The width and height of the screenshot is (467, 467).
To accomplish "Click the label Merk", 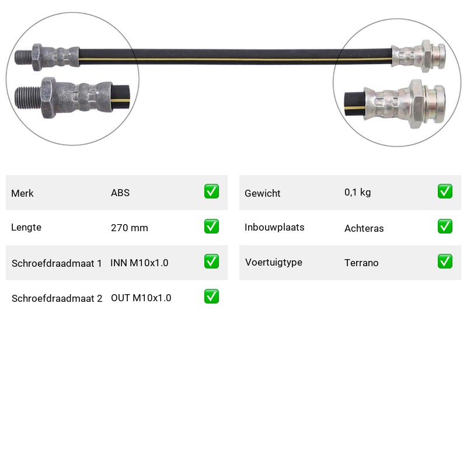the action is coord(22,193).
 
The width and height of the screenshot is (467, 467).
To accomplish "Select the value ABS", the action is coord(120,193).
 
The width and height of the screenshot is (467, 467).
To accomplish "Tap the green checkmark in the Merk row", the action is coord(211,191).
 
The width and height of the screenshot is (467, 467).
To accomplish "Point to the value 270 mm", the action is coord(130,228).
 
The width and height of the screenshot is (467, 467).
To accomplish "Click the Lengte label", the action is coord(26,227).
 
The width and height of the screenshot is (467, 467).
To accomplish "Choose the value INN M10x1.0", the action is coord(140,263).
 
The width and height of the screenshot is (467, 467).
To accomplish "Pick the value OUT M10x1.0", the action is coord(141,298).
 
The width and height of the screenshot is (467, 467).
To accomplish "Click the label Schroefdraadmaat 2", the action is coord(57,298).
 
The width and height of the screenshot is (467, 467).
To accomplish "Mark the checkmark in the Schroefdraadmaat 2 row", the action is coord(211,297).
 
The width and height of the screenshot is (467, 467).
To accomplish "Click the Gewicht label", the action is coord(262,193).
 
